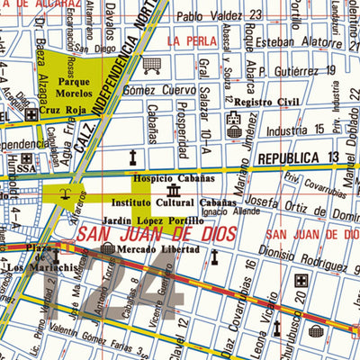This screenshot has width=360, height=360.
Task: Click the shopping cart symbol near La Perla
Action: [153, 64]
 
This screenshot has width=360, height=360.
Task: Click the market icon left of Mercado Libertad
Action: [107, 248]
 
